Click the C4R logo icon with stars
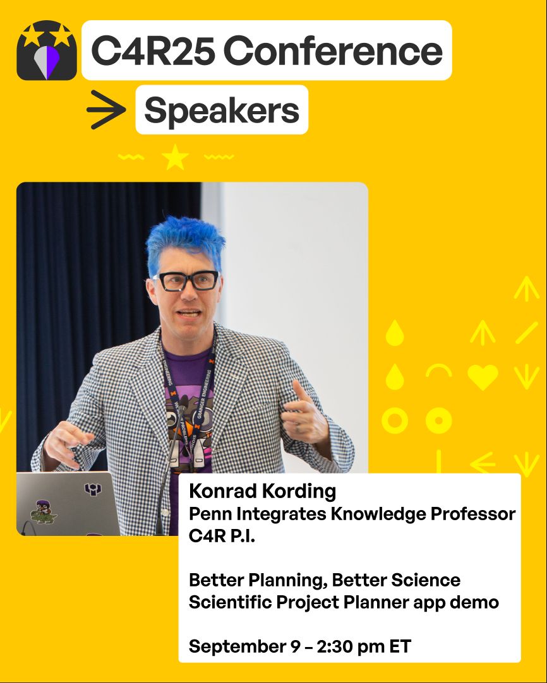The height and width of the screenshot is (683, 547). [47, 50]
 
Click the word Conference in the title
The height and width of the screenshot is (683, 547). [333, 50]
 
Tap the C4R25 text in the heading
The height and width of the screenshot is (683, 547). [153, 50]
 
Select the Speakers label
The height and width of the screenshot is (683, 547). [222, 110]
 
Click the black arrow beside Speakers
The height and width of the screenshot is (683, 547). [106, 110]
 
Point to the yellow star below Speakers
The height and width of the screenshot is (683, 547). [175, 157]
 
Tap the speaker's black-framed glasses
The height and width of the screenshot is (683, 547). [187, 281]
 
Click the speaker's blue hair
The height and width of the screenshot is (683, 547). [184, 242]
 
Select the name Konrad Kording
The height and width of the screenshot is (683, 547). [262, 491]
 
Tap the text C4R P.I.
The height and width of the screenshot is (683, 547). [222, 536]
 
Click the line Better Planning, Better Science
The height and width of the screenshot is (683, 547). [325, 580]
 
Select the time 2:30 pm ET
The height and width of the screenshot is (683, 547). [364, 646]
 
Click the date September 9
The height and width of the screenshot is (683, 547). [244, 646]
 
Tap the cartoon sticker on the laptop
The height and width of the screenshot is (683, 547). [43, 513]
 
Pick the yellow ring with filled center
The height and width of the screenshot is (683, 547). [438, 421]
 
